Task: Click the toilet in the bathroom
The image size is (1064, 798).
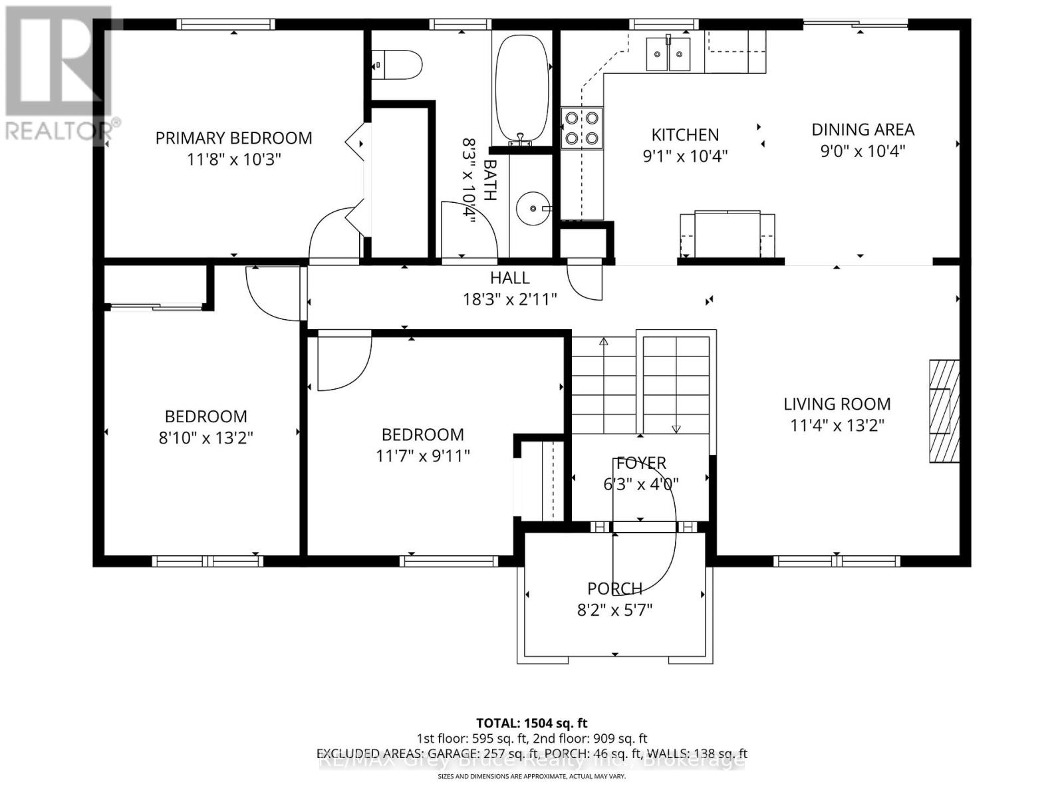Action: pos(397,65)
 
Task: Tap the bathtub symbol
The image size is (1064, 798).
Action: pos(522,86)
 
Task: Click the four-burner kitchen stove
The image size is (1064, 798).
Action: pos(581,128)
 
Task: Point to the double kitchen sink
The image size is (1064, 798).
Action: pos(669,53)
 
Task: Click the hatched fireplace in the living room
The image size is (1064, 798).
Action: pos(944,411)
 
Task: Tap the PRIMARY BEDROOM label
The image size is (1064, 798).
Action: pos(233,138)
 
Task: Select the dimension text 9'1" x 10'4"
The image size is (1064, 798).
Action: pos(685,156)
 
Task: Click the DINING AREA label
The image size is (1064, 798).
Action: pos(863,130)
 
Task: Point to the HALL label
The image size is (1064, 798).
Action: pos(510,278)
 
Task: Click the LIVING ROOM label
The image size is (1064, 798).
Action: pos(837,404)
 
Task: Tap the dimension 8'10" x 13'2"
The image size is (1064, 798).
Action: pos(205,438)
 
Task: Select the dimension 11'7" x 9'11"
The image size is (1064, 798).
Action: pos(422,456)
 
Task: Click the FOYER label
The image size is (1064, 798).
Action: pos(641,463)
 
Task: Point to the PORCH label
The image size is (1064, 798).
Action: pos(614,589)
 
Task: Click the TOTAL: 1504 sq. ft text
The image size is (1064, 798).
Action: pos(531,723)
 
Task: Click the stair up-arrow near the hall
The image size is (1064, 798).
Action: pos(604,342)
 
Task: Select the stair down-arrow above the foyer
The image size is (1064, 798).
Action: pos(676,429)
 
